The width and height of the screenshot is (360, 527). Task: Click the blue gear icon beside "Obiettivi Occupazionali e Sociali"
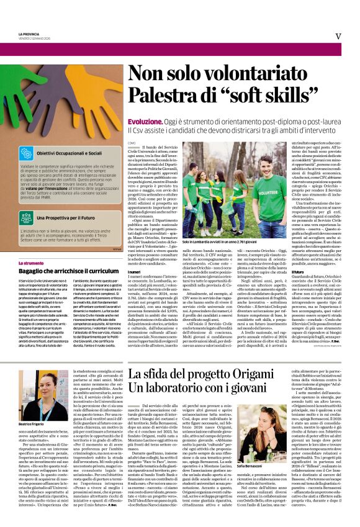pos(26,153)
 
